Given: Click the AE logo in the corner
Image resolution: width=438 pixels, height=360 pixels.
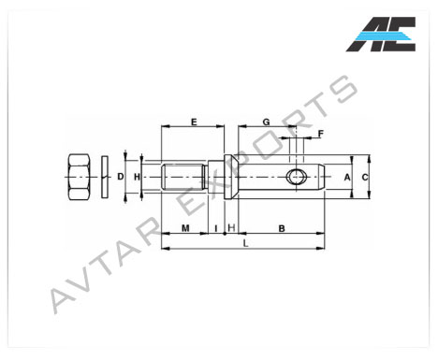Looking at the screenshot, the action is (x=381, y=34).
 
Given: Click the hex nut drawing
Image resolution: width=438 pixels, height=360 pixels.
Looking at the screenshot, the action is (x=80, y=177).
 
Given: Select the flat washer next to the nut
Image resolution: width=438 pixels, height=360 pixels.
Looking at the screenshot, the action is (x=105, y=177).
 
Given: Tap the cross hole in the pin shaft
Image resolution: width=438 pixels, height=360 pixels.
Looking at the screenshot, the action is (x=297, y=177).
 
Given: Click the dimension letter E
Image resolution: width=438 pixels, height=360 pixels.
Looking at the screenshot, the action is (x=194, y=122).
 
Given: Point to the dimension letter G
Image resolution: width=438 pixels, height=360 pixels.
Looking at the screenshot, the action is (x=266, y=122).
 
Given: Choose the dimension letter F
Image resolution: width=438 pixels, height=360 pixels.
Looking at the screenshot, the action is (x=321, y=134).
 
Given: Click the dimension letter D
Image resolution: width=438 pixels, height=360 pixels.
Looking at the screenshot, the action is (x=121, y=177).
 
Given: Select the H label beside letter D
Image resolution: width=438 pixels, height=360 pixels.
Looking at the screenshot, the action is (x=137, y=177).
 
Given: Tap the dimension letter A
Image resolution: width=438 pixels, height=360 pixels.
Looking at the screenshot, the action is (x=347, y=178).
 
